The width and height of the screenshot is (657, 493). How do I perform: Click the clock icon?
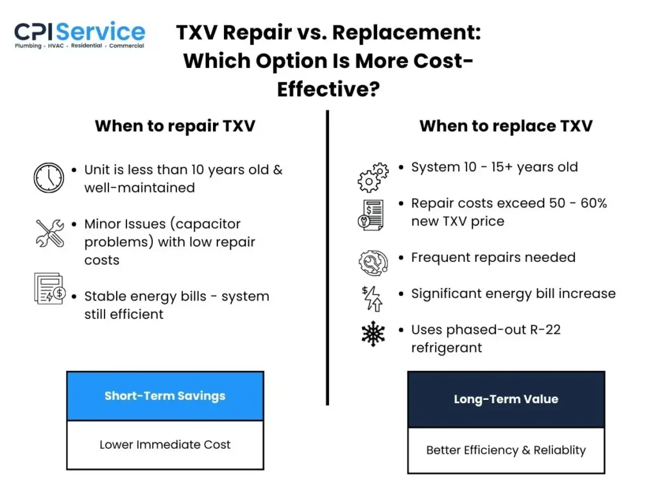49,178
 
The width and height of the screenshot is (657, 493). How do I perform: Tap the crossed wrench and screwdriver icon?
49,233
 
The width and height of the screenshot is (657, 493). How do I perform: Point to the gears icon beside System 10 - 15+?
373,177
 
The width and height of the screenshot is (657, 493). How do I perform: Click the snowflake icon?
373,334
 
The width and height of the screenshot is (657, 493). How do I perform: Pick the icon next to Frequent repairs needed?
373,262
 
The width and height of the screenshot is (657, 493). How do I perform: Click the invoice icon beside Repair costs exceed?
371,214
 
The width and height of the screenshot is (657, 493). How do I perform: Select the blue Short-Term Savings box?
165,396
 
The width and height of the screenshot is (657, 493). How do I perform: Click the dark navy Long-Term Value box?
506,399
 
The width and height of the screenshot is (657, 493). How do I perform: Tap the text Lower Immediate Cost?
165,444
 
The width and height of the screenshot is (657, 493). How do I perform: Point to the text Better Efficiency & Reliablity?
506,450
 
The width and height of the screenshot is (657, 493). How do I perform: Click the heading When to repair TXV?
175,126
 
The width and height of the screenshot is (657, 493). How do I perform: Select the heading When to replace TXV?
506,126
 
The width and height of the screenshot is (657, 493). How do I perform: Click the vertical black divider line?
327,257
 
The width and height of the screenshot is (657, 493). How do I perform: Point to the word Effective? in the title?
328,89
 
